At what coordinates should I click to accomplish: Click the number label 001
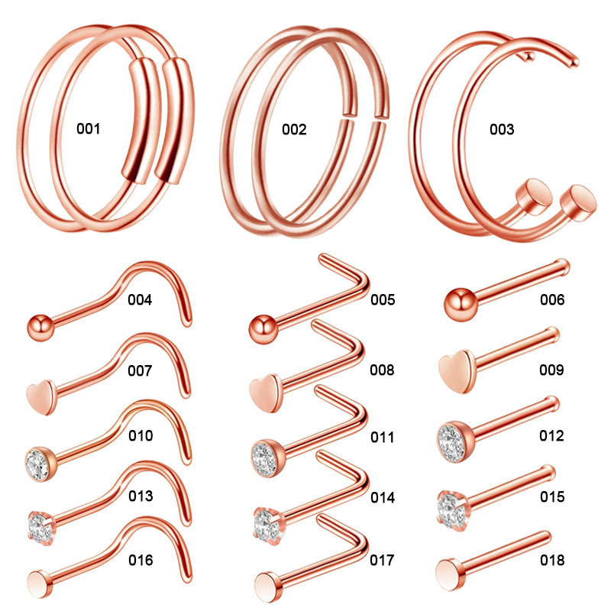89,128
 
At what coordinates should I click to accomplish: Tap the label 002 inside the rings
294,129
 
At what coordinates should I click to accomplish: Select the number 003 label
502,129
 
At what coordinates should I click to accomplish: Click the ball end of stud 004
40,328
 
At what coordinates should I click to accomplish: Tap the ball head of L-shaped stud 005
263,330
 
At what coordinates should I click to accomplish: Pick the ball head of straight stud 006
461,305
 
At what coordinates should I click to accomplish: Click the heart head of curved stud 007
42,397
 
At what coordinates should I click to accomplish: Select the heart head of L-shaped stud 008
264,393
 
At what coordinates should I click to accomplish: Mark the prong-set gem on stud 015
453,511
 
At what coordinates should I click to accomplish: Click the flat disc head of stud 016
40,584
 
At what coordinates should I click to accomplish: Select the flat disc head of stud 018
451,574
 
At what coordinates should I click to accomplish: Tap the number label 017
382,560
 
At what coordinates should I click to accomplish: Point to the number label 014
383,497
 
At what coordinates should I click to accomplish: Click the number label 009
551,370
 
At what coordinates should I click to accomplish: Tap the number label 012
551,435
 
